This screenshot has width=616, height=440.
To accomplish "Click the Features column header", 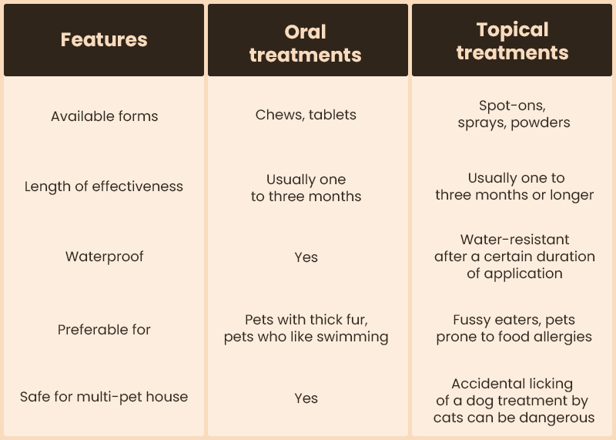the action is (x=104, y=40).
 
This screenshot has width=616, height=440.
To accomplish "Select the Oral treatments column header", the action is (x=306, y=43).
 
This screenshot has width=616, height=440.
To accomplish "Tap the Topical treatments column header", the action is (x=512, y=41).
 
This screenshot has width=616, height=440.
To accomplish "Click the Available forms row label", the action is (x=105, y=116).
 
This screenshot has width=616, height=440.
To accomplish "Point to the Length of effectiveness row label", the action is (x=104, y=186).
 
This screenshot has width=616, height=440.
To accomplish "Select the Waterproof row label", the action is (x=105, y=257).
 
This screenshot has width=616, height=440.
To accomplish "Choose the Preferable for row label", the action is (x=104, y=330).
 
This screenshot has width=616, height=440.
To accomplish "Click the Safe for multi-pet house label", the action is (x=104, y=397).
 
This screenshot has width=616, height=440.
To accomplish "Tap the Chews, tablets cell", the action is (x=306, y=115).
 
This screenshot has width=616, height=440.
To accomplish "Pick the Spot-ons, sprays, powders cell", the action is (x=514, y=114).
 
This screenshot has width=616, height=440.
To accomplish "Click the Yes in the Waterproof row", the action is (x=306, y=257).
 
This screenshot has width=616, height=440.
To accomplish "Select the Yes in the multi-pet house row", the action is (x=306, y=398).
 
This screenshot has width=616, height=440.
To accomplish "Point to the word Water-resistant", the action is (x=514, y=240).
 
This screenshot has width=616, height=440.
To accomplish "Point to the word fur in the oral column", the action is (x=360, y=320).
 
